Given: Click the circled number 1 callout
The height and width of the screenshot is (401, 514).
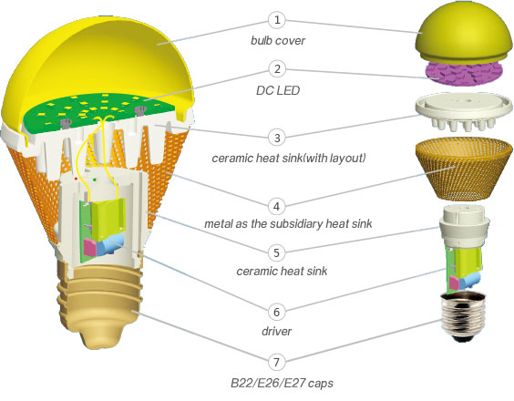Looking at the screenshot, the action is point(277,20).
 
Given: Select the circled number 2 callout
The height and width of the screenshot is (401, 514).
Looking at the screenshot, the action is point(277,69).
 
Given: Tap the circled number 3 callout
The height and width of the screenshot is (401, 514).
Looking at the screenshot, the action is point(277,138).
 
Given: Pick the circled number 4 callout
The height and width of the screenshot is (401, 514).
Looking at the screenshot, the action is point(277,207).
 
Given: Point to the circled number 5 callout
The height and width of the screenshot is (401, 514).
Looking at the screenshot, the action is point(277,252).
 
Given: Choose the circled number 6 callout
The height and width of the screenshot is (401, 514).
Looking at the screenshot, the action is point(277,312).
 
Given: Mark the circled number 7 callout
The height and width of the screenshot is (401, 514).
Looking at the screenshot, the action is point(277,363).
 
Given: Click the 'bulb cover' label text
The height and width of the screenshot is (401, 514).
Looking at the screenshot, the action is point(278,41).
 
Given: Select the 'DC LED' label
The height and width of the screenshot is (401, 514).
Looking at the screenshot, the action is point(278,90).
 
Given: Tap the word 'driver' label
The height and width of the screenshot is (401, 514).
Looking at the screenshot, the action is point(277,331).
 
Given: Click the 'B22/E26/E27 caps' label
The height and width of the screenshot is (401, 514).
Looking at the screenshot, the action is point(282,383).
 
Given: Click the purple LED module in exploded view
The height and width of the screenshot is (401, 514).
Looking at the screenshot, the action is point(464,74).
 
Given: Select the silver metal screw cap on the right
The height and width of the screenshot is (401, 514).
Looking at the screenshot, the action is point(463,317).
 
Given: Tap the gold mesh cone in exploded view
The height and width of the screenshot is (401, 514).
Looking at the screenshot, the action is point(464,169).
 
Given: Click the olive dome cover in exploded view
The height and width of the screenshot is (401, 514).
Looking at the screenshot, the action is point(464,32).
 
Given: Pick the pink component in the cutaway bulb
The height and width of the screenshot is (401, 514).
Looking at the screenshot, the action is point(89,248).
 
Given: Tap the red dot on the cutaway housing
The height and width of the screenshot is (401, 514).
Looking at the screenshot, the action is point(76,179).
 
